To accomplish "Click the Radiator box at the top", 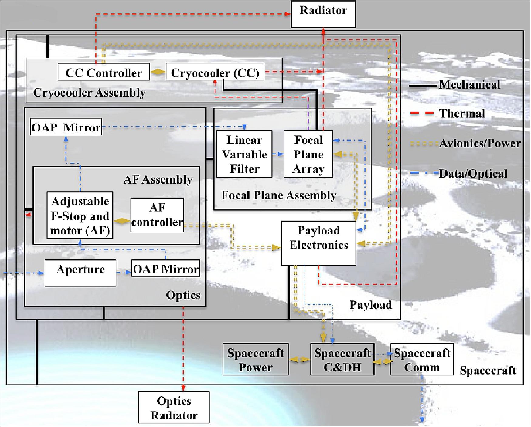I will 323,14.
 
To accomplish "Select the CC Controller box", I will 104,72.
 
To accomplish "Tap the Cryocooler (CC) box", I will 215,72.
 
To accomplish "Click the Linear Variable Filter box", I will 244,154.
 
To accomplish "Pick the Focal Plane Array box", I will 308,154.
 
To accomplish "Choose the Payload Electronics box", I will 318,243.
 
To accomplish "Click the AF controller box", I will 157,215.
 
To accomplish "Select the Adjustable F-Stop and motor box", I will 80,215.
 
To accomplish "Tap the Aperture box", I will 80,273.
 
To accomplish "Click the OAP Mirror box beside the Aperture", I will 166,269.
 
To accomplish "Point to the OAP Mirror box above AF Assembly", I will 66,127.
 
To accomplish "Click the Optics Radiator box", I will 174,408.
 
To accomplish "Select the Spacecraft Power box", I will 255,360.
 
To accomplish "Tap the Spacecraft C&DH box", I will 342,360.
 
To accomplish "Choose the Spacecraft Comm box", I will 422,360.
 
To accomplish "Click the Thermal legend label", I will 462,114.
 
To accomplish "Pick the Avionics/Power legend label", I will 480,143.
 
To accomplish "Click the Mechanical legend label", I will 469,85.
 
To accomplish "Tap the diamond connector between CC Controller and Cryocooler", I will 158,72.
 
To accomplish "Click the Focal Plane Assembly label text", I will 278,195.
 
